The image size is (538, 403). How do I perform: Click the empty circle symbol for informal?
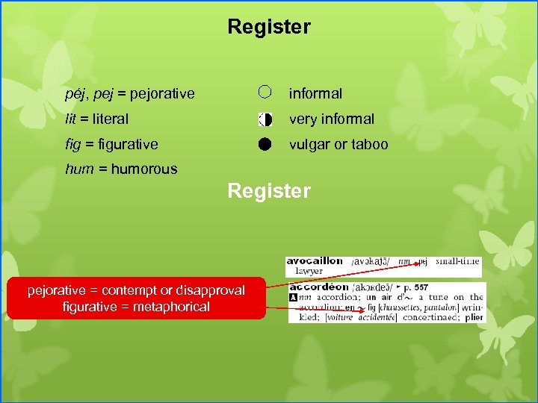click(266, 93)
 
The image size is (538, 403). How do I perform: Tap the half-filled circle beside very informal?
click(265, 119)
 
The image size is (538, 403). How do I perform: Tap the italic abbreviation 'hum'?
click(79, 169)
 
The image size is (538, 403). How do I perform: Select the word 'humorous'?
click(143, 169)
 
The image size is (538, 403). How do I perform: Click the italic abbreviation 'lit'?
click(71, 119)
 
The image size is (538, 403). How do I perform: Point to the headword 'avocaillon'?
click(315, 261)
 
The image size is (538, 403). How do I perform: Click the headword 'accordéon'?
click(319, 287)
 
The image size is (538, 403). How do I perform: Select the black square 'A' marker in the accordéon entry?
click(293, 297)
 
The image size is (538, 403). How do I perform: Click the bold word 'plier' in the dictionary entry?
click(474, 316)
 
